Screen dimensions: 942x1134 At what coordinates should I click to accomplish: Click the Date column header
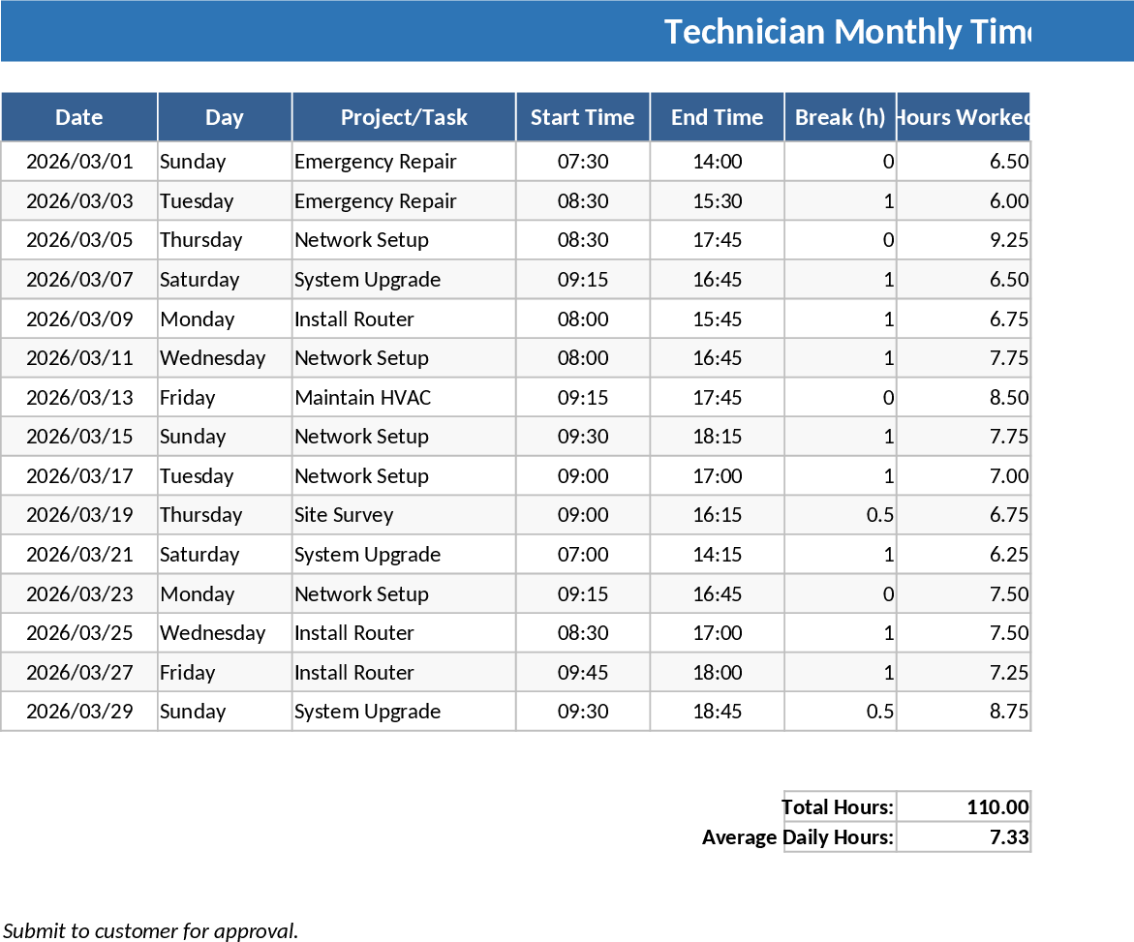click(x=78, y=117)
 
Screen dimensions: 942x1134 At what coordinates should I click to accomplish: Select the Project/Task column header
click(x=404, y=117)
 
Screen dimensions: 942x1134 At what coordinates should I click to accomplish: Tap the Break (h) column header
click(x=840, y=117)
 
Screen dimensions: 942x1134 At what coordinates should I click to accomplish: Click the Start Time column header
click(x=582, y=117)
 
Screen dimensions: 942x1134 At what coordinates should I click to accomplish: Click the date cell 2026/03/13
click(x=79, y=397)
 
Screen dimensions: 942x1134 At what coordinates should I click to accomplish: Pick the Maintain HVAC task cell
click(x=363, y=397)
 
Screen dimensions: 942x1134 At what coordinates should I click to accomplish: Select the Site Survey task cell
click(x=344, y=515)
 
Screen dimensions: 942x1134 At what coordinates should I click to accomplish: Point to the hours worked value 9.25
click(x=1008, y=240)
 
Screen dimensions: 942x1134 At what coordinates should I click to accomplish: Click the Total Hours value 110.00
click(x=996, y=807)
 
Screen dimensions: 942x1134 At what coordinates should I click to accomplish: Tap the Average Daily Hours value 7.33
click(x=1008, y=837)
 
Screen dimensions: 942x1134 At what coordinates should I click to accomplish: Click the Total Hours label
click(x=838, y=807)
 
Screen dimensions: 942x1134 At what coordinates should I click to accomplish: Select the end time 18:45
click(x=718, y=712)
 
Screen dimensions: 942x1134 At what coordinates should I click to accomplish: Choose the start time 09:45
click(x=583, y=672)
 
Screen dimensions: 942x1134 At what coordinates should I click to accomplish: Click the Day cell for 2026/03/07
click(x=199, y=280)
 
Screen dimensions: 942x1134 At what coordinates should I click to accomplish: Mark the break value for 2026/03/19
click(x=879, y=515)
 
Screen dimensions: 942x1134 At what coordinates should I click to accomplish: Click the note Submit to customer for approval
click(x=150, y=930)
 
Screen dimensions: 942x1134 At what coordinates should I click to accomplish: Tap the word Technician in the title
click(x=744, y=32)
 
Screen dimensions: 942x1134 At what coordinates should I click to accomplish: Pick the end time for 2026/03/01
click(x=718, y=162)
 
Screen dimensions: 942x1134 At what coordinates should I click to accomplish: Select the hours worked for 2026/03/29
click(x=1008, y=712)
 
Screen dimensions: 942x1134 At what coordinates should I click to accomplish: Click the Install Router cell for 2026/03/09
click(x=354, y=319)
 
